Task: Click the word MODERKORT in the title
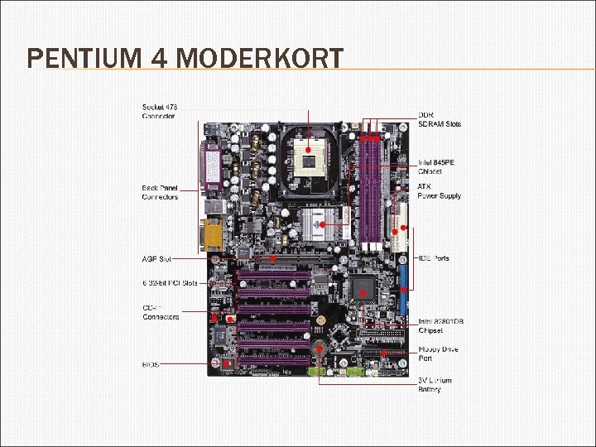[x=259, y=59]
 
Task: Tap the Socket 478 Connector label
[x=159, y=112]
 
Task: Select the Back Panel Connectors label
[x=160, y=192]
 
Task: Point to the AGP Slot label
[x=157, y=259]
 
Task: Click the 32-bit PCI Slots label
[x=170, y=283]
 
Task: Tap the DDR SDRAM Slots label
[x=440, y=119]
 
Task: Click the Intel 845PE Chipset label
[x=436, y=166]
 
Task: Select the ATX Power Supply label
[x=440, y=191]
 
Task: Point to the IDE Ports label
[x=434, y=258]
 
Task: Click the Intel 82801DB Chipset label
[x=440, y=325]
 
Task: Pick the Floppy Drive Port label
[x=438, y=353]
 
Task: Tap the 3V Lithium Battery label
[x=440, y=385]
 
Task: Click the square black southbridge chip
[x=362, y=288]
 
